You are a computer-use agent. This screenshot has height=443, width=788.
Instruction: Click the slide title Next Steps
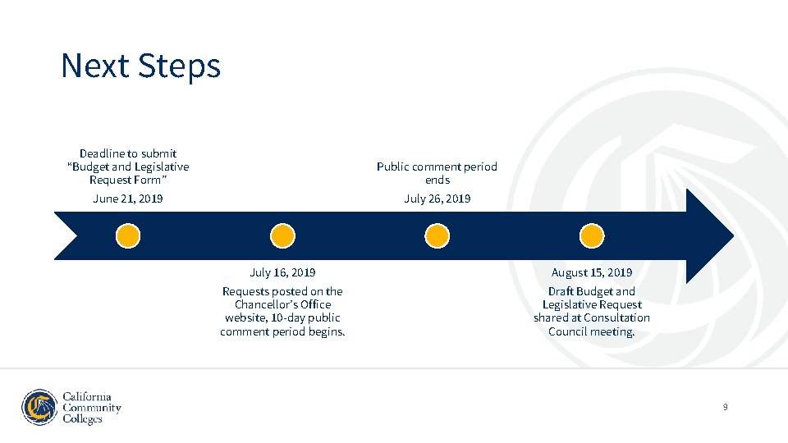(140, 66)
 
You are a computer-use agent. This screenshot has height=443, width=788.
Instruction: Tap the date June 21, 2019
(128, 199)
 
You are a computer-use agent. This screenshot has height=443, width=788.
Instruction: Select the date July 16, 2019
(282, 272)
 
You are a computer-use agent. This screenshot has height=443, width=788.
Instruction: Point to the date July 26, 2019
(437, 199)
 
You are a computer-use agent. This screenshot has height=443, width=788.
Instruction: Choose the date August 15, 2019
(592, 272)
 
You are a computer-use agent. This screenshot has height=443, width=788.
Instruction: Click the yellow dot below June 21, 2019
(128, 236)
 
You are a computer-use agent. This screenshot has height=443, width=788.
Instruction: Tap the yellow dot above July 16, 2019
(282, 236)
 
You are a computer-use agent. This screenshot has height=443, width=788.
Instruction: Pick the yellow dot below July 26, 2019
(438, 236)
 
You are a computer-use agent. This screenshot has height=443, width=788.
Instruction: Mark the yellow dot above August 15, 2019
(592, 236)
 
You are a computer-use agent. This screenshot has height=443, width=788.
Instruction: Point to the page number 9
(726, 407)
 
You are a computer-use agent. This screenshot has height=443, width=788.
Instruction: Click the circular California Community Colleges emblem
(39, 408)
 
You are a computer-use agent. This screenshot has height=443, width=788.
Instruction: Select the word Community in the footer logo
(92, 408)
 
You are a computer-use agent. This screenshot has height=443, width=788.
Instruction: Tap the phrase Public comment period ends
(437, 172)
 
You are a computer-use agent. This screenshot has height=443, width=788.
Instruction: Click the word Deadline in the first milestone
(102, 153)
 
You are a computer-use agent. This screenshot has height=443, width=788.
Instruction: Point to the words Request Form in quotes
(127, 180)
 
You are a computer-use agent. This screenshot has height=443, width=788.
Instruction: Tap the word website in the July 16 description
(245, 317)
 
